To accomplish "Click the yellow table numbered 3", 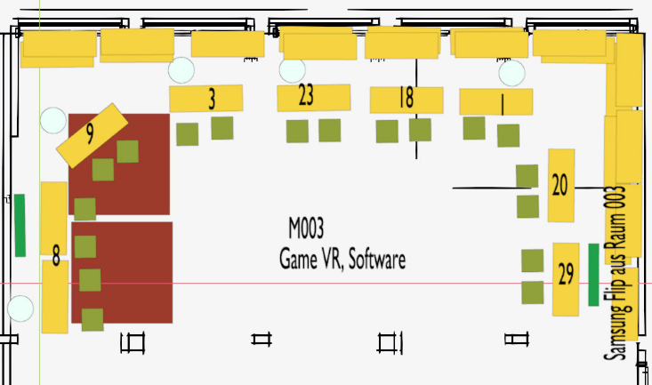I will pyautogui.click(x=206, y=99).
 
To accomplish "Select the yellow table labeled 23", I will pyautogui.click(x=313, y=97).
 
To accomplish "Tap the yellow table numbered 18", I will pyautogui.click(x=406, y=100).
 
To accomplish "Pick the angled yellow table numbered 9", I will pyautogui.click(x=92, y=134).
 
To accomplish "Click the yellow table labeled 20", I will pyautogui.click(x=560, y=185).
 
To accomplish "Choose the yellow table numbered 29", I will pyautogui.click(x=566, y=278).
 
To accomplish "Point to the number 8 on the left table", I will pyautogui.click(x=56, y=258).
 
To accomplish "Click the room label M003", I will pyautogui.click(x=305, y=231).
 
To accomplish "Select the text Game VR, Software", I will pyautogui.click(x=342, y=260).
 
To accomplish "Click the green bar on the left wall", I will pyautogui.click(x=20, y=225).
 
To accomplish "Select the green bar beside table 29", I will pyautogui.click(x=593, y=275).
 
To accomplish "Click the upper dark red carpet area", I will pyautogui.click(x=142, y=187).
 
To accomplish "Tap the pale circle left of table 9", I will pyautogui.click(x=53, y=120).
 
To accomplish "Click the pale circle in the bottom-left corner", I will pyautogui.click(x=20, y=309).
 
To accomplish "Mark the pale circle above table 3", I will pyautogui.click(x=181, y=69).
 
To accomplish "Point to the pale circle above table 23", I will pyautogui.click(x=293, y=69).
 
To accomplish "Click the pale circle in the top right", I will pyautogui.click(x=511, y=73).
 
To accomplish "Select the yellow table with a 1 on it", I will pyautogui.click(x=495, y=102).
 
